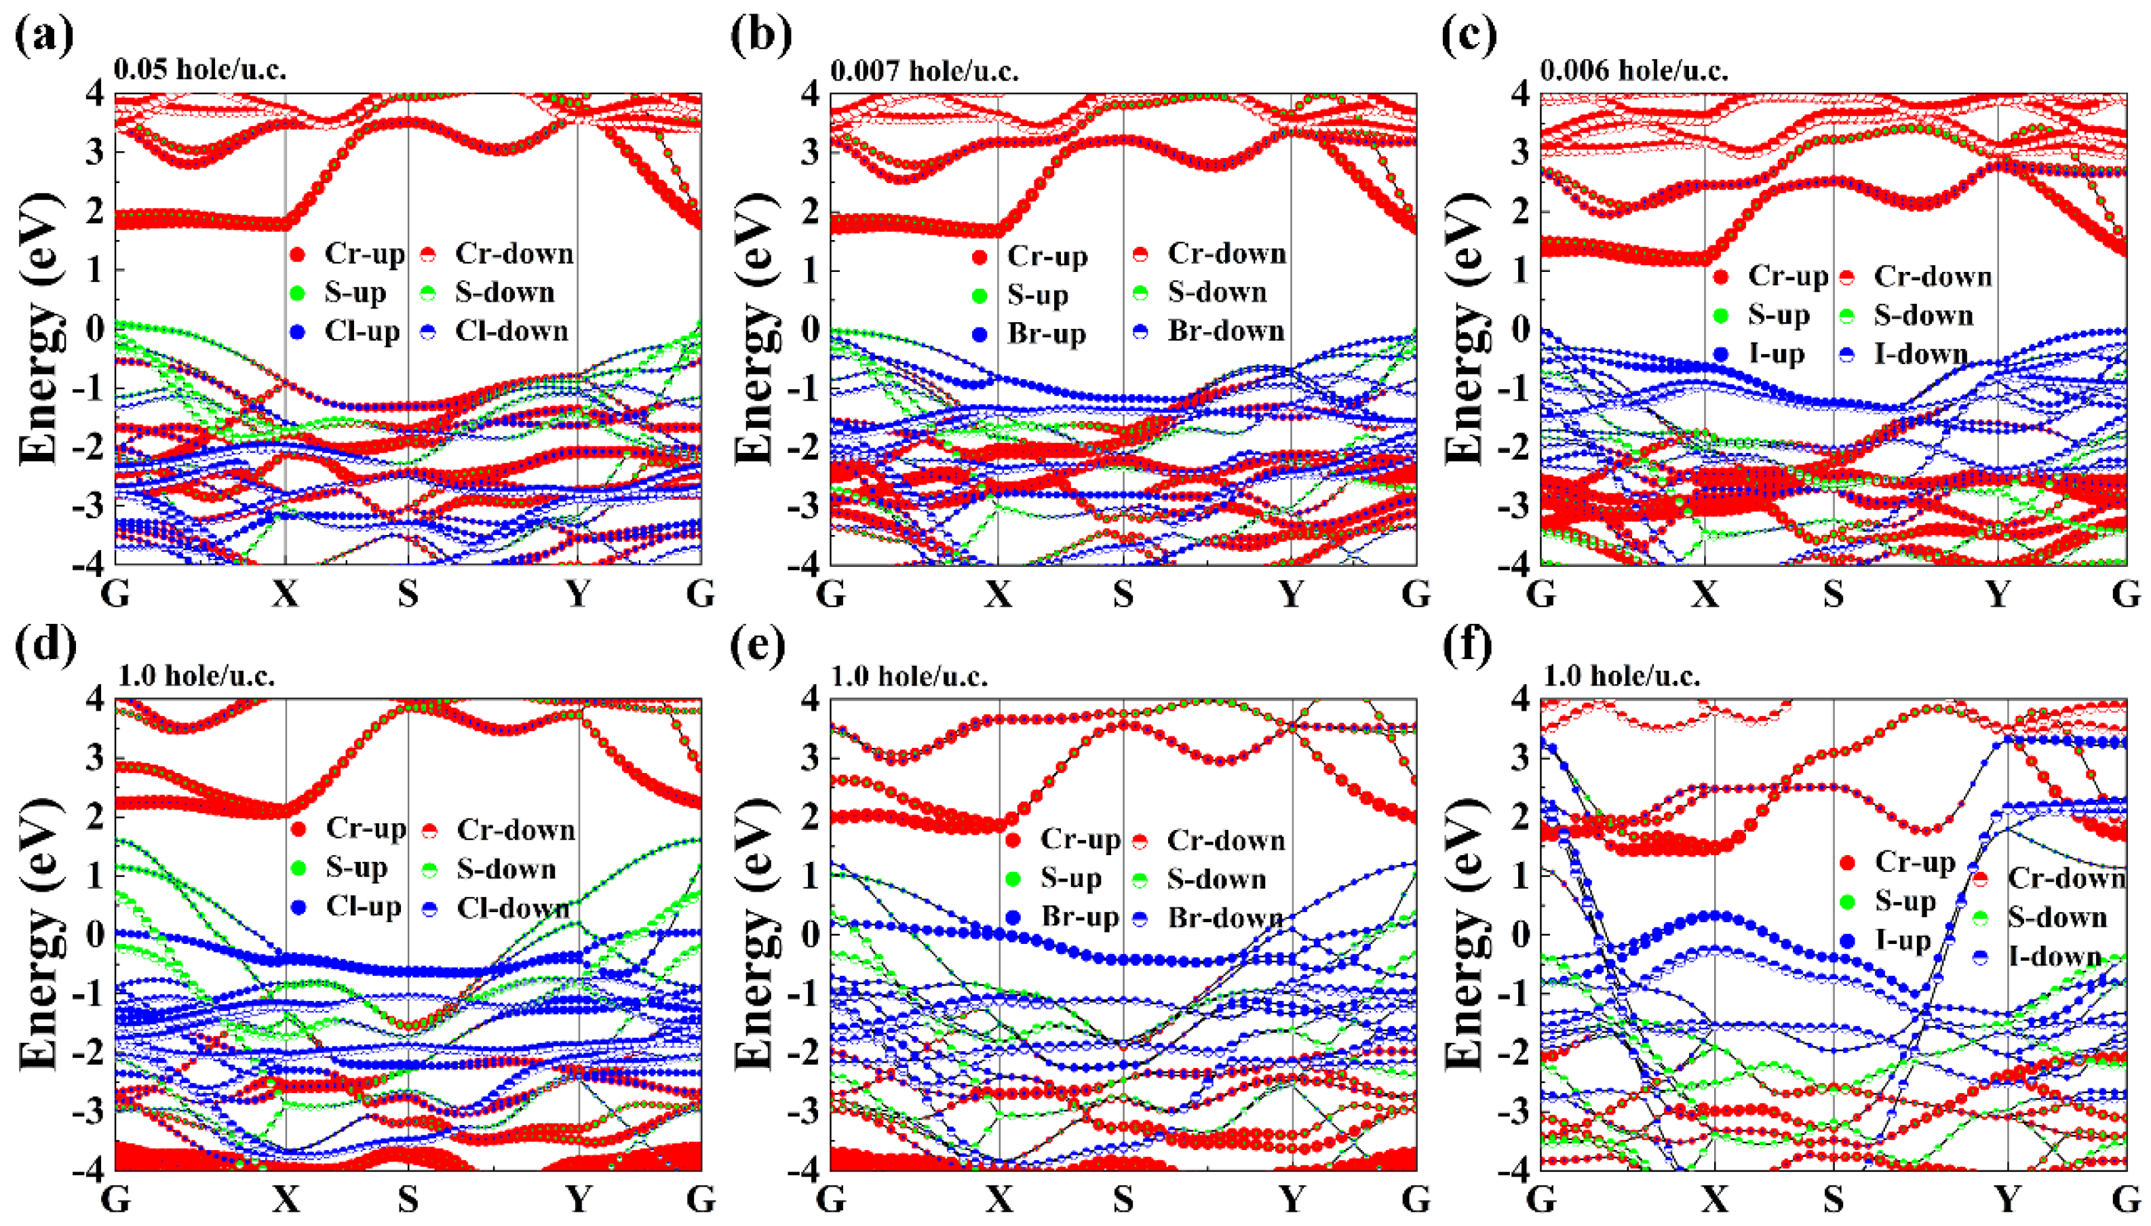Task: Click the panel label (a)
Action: tap(45, 35)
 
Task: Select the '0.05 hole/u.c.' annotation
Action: tap(199, 69)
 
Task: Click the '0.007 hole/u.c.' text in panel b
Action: tap(924, 71)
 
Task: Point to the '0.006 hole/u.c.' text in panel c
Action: tap(1635, 71)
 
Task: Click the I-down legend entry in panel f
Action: tap(2039, 957)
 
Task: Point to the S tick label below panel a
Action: tap(408, 595)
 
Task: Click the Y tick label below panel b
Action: tap(1291, 595)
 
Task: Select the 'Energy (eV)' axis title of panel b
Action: tap(754, 328)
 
